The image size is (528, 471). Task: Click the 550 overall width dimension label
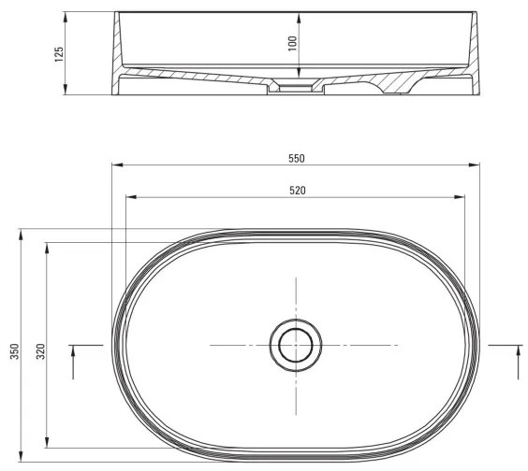(x=296, y=158)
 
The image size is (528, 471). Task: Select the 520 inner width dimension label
(x=296, y=190)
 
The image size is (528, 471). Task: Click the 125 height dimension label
(x=58, y=54)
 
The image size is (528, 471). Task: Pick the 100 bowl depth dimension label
(x=291, y=44)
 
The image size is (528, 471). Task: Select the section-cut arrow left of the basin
(x=74, y=359)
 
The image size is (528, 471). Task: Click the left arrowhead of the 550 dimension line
(x=115, y=165)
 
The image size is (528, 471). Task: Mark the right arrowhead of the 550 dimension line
(x=477, y=165)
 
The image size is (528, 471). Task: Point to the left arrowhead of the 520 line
(x=130, y=197)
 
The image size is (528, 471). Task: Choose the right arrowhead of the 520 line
(x=462, y=197)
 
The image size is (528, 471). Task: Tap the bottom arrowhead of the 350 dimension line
(x=21, y=459)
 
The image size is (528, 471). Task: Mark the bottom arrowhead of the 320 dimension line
(x=47, y=444)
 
